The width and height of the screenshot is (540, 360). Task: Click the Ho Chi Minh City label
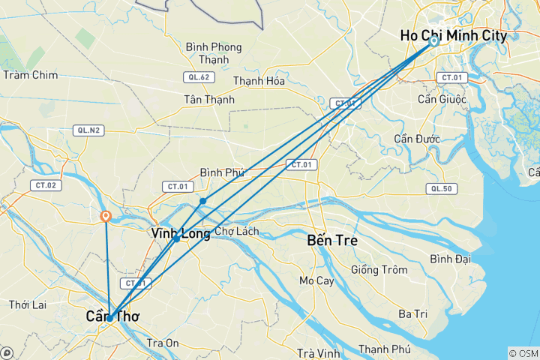pos(454,35)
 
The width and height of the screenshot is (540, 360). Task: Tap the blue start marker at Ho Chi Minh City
pos(433,41)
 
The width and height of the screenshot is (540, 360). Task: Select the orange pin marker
pos(106,217)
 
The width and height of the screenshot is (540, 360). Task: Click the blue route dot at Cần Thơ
pos(109,318)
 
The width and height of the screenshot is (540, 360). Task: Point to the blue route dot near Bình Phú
pos(202,201)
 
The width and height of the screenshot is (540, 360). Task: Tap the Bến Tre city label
pos(332,241)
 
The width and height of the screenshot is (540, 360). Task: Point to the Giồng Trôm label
pos(379,270)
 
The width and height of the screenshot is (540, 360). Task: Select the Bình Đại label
pos(450,259)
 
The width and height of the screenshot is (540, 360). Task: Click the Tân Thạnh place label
pos(209,99)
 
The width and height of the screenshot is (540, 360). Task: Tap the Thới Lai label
pos(29,304)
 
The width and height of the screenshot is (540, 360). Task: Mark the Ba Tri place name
pos(412,313)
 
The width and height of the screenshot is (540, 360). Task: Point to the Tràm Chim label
pos(30,75)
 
